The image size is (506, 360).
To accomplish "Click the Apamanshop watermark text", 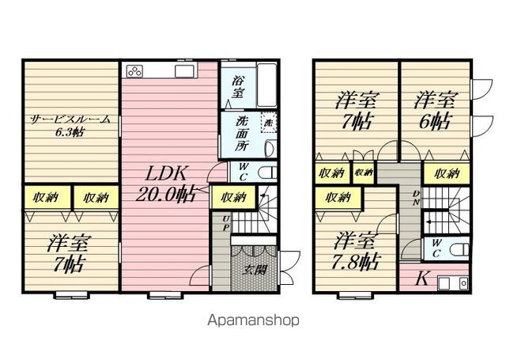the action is click(253, 320).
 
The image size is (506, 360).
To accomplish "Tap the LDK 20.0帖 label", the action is click(165, 184).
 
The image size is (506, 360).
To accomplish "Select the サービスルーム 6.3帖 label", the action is click(70, 126).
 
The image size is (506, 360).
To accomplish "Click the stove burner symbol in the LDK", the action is click(135, 71).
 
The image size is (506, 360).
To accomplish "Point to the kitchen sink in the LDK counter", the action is click(184, 71).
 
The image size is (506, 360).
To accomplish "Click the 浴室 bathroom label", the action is click(238, 86).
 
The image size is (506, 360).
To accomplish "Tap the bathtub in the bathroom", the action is click(266, 85).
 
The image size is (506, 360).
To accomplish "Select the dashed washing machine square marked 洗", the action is click(269, 123).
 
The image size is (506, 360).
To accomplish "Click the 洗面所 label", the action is click(241, 134).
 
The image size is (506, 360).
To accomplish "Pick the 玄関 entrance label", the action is click(255, 271).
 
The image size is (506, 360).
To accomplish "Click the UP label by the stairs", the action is click(226, 223).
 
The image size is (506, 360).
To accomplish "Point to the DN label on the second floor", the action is click(417, 198).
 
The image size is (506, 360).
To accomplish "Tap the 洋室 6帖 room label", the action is click(434, 110).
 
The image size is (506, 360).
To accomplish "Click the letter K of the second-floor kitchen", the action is click(421, 279).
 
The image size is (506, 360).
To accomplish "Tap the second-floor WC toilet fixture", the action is click(459, 249).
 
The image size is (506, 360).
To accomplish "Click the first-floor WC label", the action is click(244, 172).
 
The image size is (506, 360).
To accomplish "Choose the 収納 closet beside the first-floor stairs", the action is click(234, 197).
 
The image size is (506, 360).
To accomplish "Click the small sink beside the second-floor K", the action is click(453, 283).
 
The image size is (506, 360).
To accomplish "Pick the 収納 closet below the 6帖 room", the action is click(447, 174).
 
